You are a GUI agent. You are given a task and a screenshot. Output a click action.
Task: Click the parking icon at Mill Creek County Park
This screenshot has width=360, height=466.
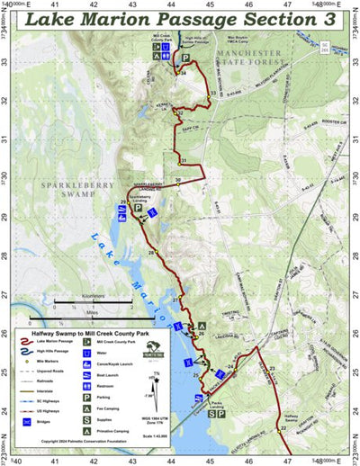click(186, 57)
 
